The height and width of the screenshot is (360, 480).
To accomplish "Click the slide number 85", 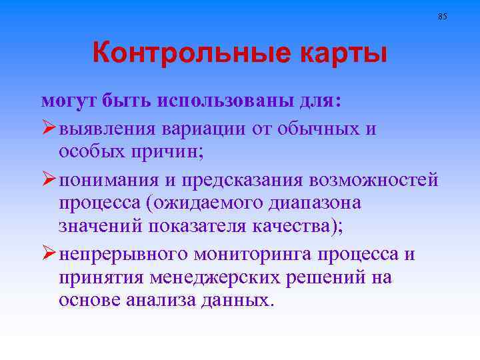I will tap(443, 15).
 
